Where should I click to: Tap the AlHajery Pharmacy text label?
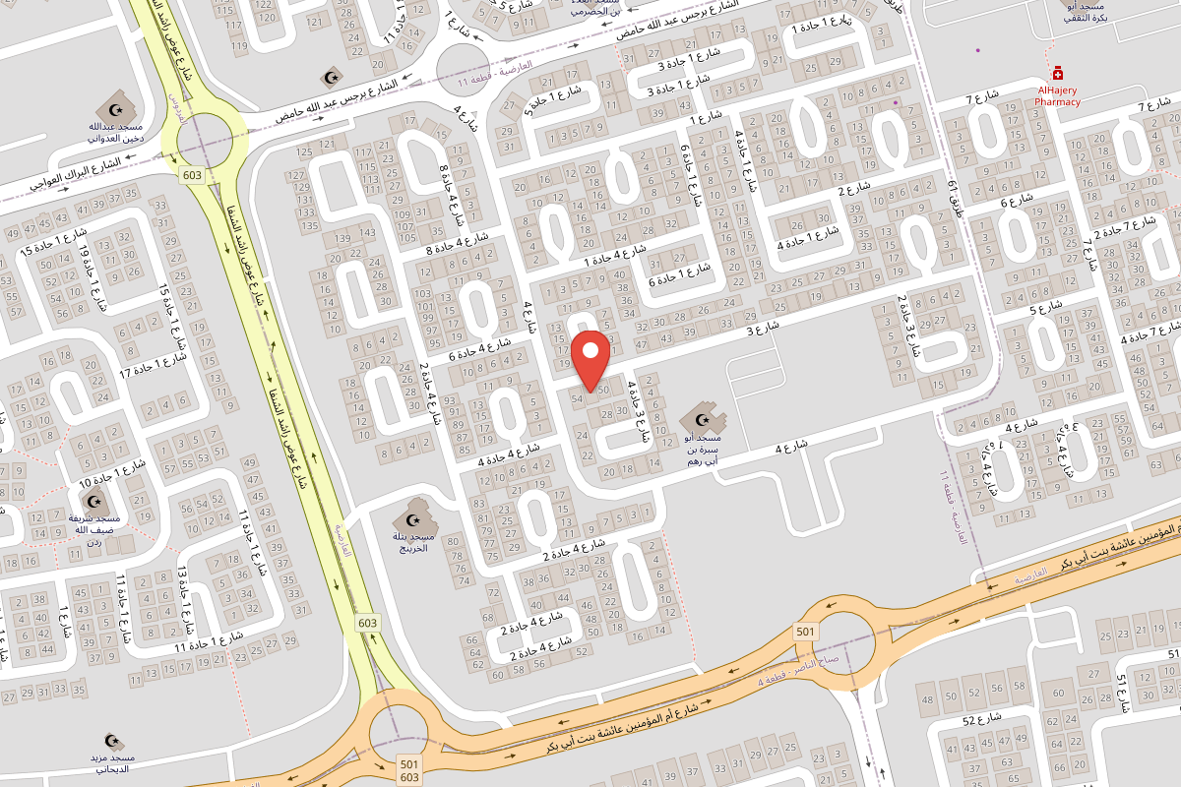(1058, 95)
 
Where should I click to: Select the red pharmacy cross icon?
(1058, 73)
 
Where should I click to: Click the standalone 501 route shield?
(805, 631)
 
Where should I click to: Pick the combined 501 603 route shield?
(408, 770)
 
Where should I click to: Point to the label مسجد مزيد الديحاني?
(108, 763)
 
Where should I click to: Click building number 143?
(367, 232)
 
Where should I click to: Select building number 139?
(342, 239)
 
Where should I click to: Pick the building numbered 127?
(296, 175)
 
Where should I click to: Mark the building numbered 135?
(309, 225)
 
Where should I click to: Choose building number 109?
(403, 213)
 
